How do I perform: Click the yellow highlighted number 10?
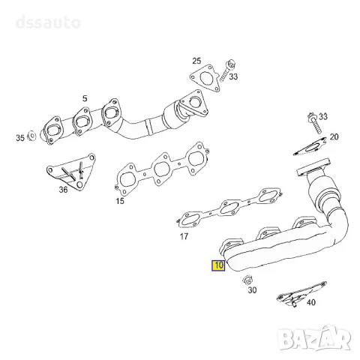pos(218,265)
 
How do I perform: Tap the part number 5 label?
pos(85,98)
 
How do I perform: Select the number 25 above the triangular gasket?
pos(196,61)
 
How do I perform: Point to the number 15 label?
pos(120,201)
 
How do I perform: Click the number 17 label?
pos(184,236)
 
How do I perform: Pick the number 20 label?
pos(334,136)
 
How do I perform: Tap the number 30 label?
pos(252,290)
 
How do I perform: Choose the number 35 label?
pos(20,138)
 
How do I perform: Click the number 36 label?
pos(63,190)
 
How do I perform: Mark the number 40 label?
pos(311,302)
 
